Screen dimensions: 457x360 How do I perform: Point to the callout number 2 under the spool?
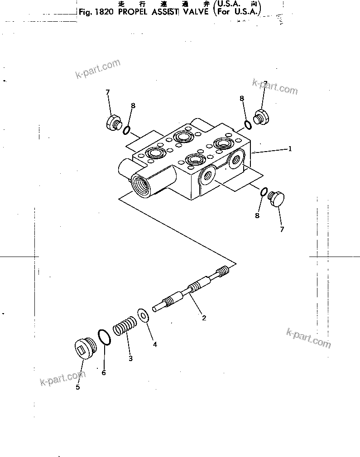point(204,318)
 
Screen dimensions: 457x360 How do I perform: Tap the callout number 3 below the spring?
point(130,358)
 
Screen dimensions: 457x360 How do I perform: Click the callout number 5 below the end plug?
point(77,387)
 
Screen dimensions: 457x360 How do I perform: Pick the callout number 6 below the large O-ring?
point(103,373)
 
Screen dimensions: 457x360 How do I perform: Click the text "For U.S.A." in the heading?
point(237,13)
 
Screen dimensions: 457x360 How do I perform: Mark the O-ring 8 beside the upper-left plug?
point(127,130)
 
